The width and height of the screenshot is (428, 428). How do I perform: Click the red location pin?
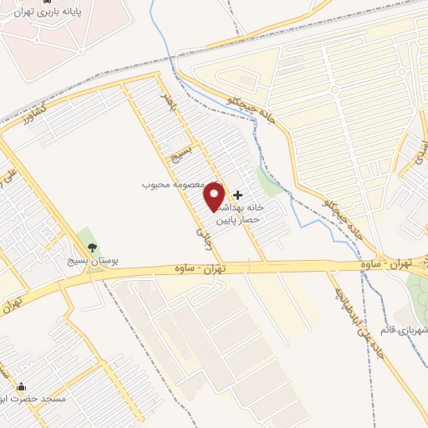tap(215, 196)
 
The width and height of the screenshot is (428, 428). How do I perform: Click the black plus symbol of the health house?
tap(237, 194)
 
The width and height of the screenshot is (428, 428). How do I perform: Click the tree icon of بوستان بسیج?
tap(91, 247)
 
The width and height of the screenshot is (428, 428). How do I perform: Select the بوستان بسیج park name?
tap(94, 262)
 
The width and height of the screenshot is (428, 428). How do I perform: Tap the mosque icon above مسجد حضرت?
tap(20, 387)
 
